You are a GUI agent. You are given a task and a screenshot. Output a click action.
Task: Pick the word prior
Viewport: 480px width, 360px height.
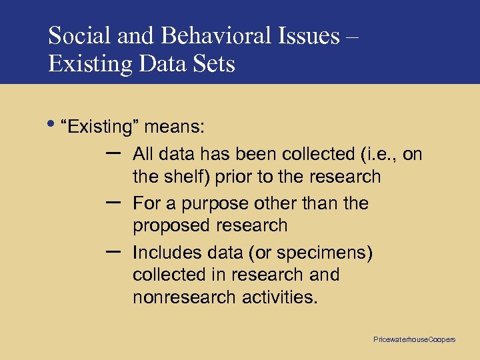249,177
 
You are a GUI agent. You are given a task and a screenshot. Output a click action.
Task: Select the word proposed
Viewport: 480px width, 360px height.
170,226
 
